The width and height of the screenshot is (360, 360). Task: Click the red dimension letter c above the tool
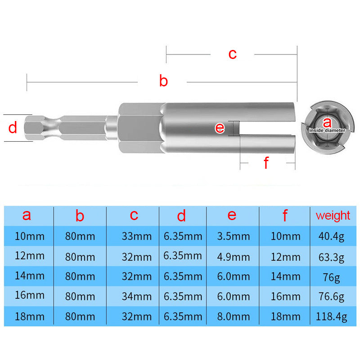[232, 54]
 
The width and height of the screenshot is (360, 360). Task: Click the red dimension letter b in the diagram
[163, 81]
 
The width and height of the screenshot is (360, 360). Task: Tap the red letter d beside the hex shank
[13, 128]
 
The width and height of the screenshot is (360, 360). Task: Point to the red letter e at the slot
[220, 128]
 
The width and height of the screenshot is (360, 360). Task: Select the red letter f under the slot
[266, 163]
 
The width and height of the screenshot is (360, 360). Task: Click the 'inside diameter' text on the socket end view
[327, 130]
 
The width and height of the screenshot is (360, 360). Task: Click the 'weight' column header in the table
[333, 215]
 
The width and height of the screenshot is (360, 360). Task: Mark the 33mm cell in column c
[134, 236]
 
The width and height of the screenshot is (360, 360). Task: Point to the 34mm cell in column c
[134, 297]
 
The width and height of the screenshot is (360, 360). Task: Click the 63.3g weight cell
[333, 257]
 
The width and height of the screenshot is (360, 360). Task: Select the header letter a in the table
[27, 215]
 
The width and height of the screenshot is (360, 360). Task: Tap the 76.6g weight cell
[333, 297]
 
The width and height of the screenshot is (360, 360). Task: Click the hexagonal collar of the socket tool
[139, 128]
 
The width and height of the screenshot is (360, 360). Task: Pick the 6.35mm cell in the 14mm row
[182, 276]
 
